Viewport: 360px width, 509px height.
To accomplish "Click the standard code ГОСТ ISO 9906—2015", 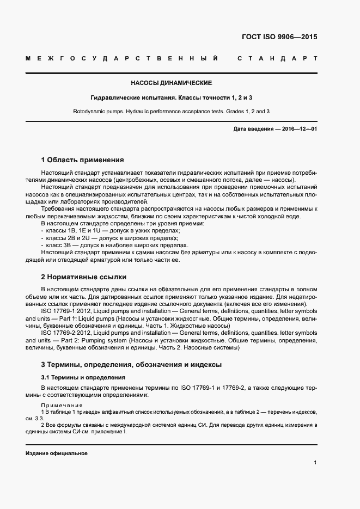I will click(x=279, y=38).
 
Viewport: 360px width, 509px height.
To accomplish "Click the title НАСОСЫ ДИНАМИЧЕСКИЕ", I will click(x=171, y=83).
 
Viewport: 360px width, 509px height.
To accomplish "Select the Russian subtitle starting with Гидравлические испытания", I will click(x=171, y=97).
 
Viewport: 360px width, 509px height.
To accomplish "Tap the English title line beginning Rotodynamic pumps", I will click(x=171, y=111).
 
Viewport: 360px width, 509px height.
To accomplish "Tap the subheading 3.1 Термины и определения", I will click(x=83, y=377).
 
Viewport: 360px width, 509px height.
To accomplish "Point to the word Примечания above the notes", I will click(x=62, y=406).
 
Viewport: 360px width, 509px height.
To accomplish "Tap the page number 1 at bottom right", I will click(x=315, y=463).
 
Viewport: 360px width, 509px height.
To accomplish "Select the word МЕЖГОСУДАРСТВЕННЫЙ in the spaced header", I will click(x=123, y=58).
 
